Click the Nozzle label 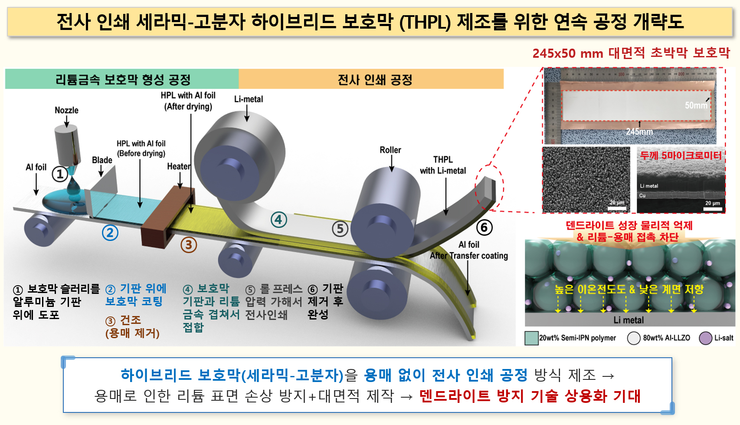(x=66, y=110)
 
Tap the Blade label (x=102, y=160)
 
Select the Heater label (x=179, y=166)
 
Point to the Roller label (x=390, y=150)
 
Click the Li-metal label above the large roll (x=249, y=99)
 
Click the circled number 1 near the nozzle (x=60, y=174)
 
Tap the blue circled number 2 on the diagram (x=110, y=233)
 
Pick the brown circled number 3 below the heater (x=189, y=245)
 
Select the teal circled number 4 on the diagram (x=278, y=220)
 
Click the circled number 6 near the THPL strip (x=485, y=227)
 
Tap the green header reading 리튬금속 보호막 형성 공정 (x=122, y=79)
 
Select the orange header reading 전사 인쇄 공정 (x=371, y=79)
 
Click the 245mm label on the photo (x=639, y=132)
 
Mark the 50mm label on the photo (x=696, y=105)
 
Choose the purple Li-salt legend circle (x=706, y=338)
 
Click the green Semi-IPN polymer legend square (x=531, y=338)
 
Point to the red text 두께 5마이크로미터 (x=681, y=155)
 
